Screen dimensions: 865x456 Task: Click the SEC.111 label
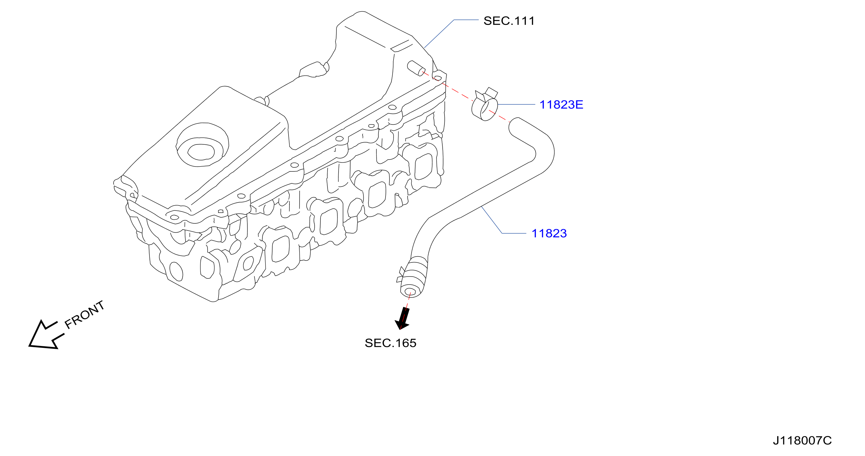pos(509,21)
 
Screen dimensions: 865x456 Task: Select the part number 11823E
pos(561,104)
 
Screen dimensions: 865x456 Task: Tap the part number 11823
pos(549,233)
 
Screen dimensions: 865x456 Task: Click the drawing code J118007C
pos(802,440)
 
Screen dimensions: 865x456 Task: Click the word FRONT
pos(84,315)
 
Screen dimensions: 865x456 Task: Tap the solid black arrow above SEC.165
pos(403,318)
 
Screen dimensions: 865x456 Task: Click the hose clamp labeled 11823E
pos(485,105)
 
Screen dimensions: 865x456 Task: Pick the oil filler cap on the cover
pos(202,144)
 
